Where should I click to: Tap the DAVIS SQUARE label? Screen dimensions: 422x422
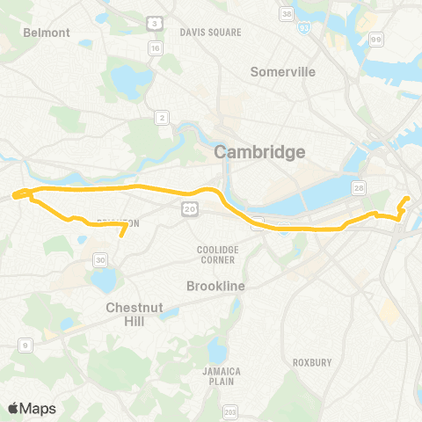pyautogui.click(x=210, y=32)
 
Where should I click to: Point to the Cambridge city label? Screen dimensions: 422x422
pyautogui.click(x=261, y=152)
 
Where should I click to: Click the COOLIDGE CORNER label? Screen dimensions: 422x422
pyautogui.click(x=218, y=255)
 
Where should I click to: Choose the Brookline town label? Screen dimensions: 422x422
pyautogui.click(x=215, y=287)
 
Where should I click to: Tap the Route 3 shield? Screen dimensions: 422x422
pyautogui.click(x=155, y=22)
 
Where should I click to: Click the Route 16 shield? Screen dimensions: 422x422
pyautogui.click(x=155, y=49)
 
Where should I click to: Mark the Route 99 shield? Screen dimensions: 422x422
pyautogui.click(x=376, y=39)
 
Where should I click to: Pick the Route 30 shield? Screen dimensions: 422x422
pyautogui.click(x=101, y=260)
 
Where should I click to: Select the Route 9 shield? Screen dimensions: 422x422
pyautogui.click(x=25, y=346)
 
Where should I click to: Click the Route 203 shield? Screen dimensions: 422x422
pyautogui.click(x=231, y=412)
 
